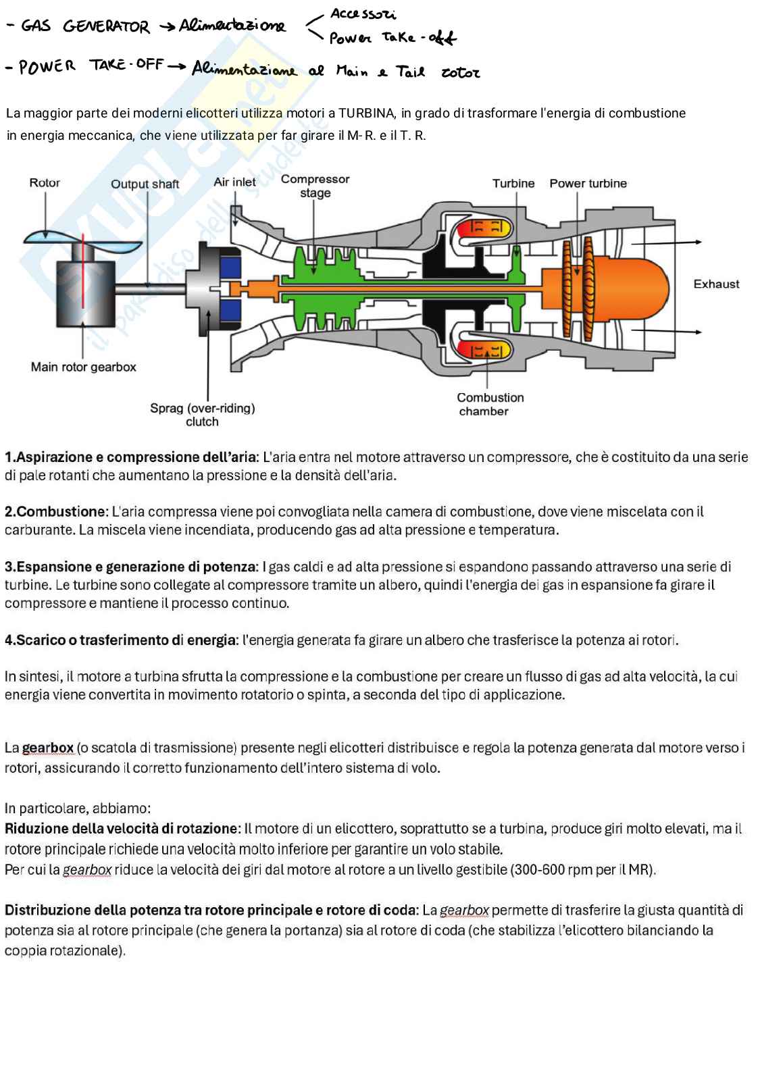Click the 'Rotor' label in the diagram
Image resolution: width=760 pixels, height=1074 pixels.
tap(45, 183)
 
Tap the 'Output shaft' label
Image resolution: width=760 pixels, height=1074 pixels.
tap(145, 184)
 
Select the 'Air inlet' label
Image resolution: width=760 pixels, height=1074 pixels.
tap(234, 182)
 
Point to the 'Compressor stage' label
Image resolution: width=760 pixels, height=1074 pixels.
tap(315, 186)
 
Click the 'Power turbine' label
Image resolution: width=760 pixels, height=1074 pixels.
tap(588, 184)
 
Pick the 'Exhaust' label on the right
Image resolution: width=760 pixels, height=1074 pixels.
tap(716, 284)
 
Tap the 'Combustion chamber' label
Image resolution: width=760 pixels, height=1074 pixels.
tap(490, 404)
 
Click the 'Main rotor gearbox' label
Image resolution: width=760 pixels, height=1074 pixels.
tap(83, 367)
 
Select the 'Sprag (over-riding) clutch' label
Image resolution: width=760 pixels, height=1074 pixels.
tap(202, 415)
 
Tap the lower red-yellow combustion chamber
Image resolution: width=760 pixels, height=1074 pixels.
tap(484, 350)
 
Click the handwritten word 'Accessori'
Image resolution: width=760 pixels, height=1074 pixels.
tap(363, 14)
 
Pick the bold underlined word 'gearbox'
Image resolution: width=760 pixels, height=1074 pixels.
tap(48, 748)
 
